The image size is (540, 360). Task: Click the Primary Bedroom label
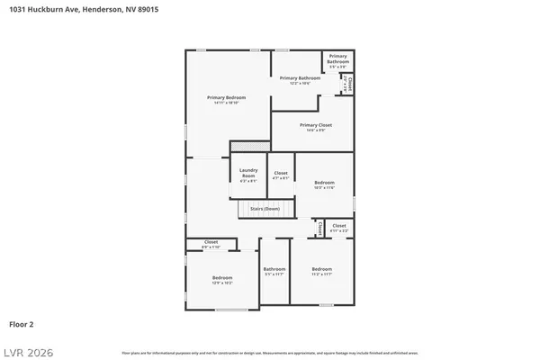226,99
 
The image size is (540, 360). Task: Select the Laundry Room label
249,174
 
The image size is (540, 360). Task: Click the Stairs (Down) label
265,208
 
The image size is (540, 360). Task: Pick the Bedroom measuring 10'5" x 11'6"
323,184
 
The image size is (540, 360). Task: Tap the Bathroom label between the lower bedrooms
274,271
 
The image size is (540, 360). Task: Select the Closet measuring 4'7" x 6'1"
281,175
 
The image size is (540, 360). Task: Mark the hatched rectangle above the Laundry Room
250,146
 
